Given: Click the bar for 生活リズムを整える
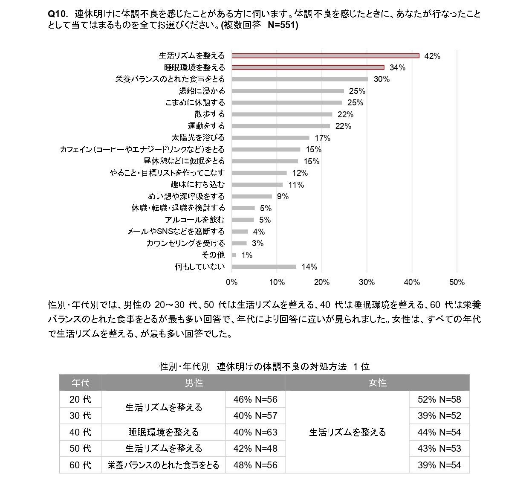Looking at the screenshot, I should tap(325, 55).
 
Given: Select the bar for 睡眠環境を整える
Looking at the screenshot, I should tap(308, 67).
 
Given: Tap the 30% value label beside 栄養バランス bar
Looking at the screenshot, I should tap(382, 79).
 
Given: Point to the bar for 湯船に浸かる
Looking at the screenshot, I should tap(288, 91).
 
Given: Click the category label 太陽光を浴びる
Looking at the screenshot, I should tap(198, 138).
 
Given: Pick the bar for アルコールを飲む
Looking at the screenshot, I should tap(243, 220).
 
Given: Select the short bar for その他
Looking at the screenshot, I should tap(234, 255).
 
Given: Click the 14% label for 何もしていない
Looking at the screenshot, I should tap(309, 267).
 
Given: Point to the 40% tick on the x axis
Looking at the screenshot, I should tap(412, 282).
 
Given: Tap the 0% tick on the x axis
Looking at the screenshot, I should tap(231, 282).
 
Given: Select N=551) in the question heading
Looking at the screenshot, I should tap(283, 25).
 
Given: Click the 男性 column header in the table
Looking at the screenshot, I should tap(194, 383).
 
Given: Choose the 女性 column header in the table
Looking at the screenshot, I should tap(377, 383).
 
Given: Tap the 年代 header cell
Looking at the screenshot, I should tap(80, 383).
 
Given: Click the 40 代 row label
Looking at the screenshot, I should tap(80, 432).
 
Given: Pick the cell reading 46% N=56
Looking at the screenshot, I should tap(255, 400).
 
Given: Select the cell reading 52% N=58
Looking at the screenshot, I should tap(439, 400).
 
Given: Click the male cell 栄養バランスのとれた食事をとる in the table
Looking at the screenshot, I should tap(163, 465).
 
